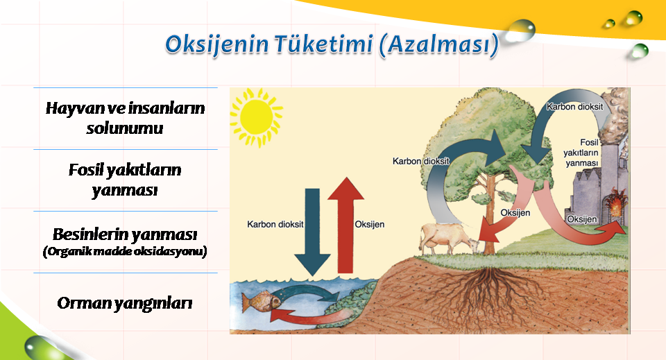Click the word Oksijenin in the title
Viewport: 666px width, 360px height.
pos(216,45)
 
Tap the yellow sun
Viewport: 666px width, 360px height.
pos(256,118)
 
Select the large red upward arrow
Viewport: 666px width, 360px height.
pos(345,225)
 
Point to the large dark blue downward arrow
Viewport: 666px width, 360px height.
pos(313,232)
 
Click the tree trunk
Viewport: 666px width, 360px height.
pos(490,212)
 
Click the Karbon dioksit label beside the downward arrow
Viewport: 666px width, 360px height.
pos(275,224)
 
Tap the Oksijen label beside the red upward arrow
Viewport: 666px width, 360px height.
pos(370,224)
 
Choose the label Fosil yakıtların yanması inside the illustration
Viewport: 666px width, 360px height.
pos(581,153)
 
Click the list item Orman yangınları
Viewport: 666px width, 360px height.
pos(125,303)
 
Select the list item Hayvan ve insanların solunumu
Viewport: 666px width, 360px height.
pos(125,118)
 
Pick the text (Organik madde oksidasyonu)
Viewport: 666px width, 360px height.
pos(125,251)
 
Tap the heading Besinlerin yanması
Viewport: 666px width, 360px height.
pos(125,234)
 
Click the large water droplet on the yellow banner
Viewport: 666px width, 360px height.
pos(520,31)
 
